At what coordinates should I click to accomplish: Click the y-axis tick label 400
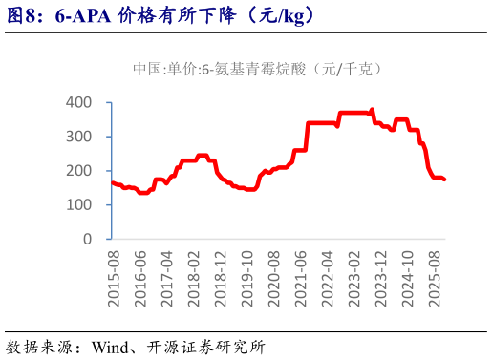[x=79, y=102]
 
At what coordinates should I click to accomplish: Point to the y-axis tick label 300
[x=79, y=137]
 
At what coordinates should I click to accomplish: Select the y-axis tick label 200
[x=79, y=171]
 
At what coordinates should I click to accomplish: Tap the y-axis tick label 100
[x=79, y=205]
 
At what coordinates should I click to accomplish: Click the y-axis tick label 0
[x=87, y=240]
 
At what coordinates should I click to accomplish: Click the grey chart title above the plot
[x=257, y=69]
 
